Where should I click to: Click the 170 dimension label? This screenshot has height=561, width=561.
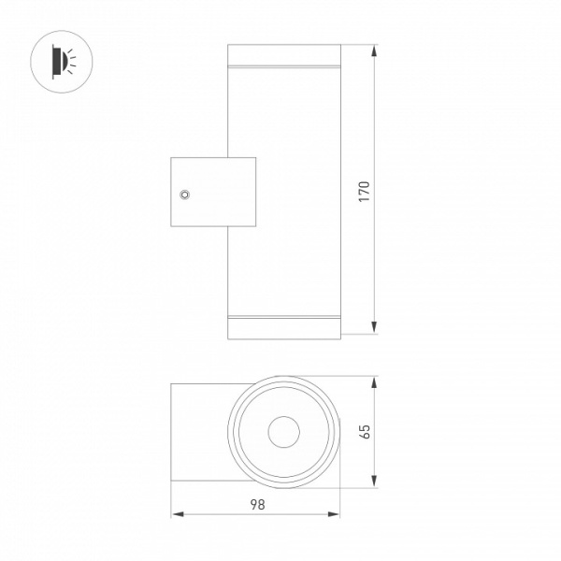pyautogui.click(x=365, y=192)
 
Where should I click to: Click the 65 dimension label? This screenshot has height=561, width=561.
pyautogui.click(x=365, y=431)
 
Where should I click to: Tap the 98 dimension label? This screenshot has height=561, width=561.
pyautogui.click(x=258, y=505)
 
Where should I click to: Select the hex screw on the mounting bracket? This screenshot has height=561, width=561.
pyautogui.click(x=184, y=194)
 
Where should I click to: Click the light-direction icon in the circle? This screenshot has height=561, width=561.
pyautogui.click(x=62, y=62)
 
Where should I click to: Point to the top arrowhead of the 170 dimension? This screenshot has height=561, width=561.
pyautogui.click(x=374, y=50)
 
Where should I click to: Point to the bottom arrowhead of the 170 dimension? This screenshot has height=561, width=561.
pyautogui.click(x=374, y=328)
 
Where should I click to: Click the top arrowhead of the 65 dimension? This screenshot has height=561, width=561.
pyautogui.click(x=374, y=382)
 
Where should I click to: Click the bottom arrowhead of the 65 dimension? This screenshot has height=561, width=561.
pyautogui.click(x=374, y=481)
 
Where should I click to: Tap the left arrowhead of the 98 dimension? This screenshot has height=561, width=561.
pyautogui.click(x=178, y=514)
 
